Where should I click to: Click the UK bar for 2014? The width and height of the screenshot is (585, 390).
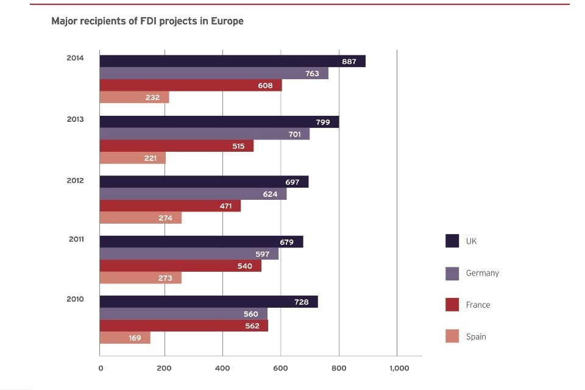coord(232,61)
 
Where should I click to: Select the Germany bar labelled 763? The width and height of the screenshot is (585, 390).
coord(213,73)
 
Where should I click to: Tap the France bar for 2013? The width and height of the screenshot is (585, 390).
coord(176,146)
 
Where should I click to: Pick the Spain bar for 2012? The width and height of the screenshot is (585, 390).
coord(140,218)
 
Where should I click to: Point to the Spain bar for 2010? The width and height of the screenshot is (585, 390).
coord(124,338)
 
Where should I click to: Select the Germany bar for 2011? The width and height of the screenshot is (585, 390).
coord(189,253)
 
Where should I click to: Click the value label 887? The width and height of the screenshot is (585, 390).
coord(349,62)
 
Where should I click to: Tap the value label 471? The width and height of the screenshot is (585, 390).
coord(226,206)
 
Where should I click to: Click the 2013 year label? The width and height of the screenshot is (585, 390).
coord(75,119)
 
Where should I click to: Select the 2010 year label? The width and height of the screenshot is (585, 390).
coord(75,299)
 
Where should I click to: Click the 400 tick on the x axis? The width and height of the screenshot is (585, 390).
coord(222,368)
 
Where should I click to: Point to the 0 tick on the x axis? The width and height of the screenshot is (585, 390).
coord(101,368)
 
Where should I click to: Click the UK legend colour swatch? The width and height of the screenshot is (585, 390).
coord(452,241)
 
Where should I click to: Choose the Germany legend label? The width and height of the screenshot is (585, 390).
coord(482,273)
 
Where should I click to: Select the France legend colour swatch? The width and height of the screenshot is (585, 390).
coord(452,305)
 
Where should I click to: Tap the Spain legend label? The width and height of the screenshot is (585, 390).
coord(476,336)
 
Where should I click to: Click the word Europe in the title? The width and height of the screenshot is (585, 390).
coord(227,21)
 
